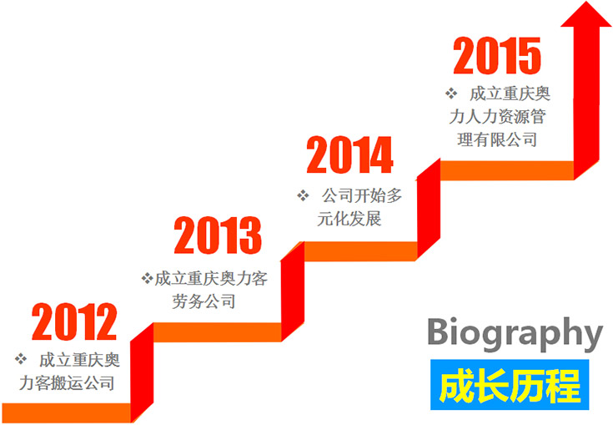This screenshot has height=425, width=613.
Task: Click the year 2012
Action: [x=74, y=321]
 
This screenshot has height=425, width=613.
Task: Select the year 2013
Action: [x=218, y=235]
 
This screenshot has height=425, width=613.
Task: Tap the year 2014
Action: [x=350, y=155]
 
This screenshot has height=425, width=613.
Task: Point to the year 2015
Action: [x=497, y=56]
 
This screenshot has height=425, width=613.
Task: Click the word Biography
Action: [x=515, y=335]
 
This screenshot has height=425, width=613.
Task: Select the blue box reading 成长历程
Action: [x=510, y=385]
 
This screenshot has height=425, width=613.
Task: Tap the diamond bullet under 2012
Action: [x=21, y=359]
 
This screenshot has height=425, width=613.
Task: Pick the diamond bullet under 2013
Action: [x=147, y=279]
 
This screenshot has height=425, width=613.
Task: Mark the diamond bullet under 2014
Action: [x=303, y=195]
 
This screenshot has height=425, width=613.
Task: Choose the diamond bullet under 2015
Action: [x=451, y=94]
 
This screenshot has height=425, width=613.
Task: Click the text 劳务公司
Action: [x=203, y=301]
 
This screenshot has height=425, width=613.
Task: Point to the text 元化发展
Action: [x=349, y=219]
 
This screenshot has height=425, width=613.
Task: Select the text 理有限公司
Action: [x=497, y=139]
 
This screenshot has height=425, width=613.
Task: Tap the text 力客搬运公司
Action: [x=67, y=382]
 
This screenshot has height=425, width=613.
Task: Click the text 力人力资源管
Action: [x=497, y=117]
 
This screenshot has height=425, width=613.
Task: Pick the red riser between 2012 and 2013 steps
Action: [x=142, y=372]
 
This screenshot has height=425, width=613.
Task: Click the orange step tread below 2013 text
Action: [x=218, y=332]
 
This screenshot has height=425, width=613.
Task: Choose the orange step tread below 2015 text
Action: [x=507, y=170]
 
